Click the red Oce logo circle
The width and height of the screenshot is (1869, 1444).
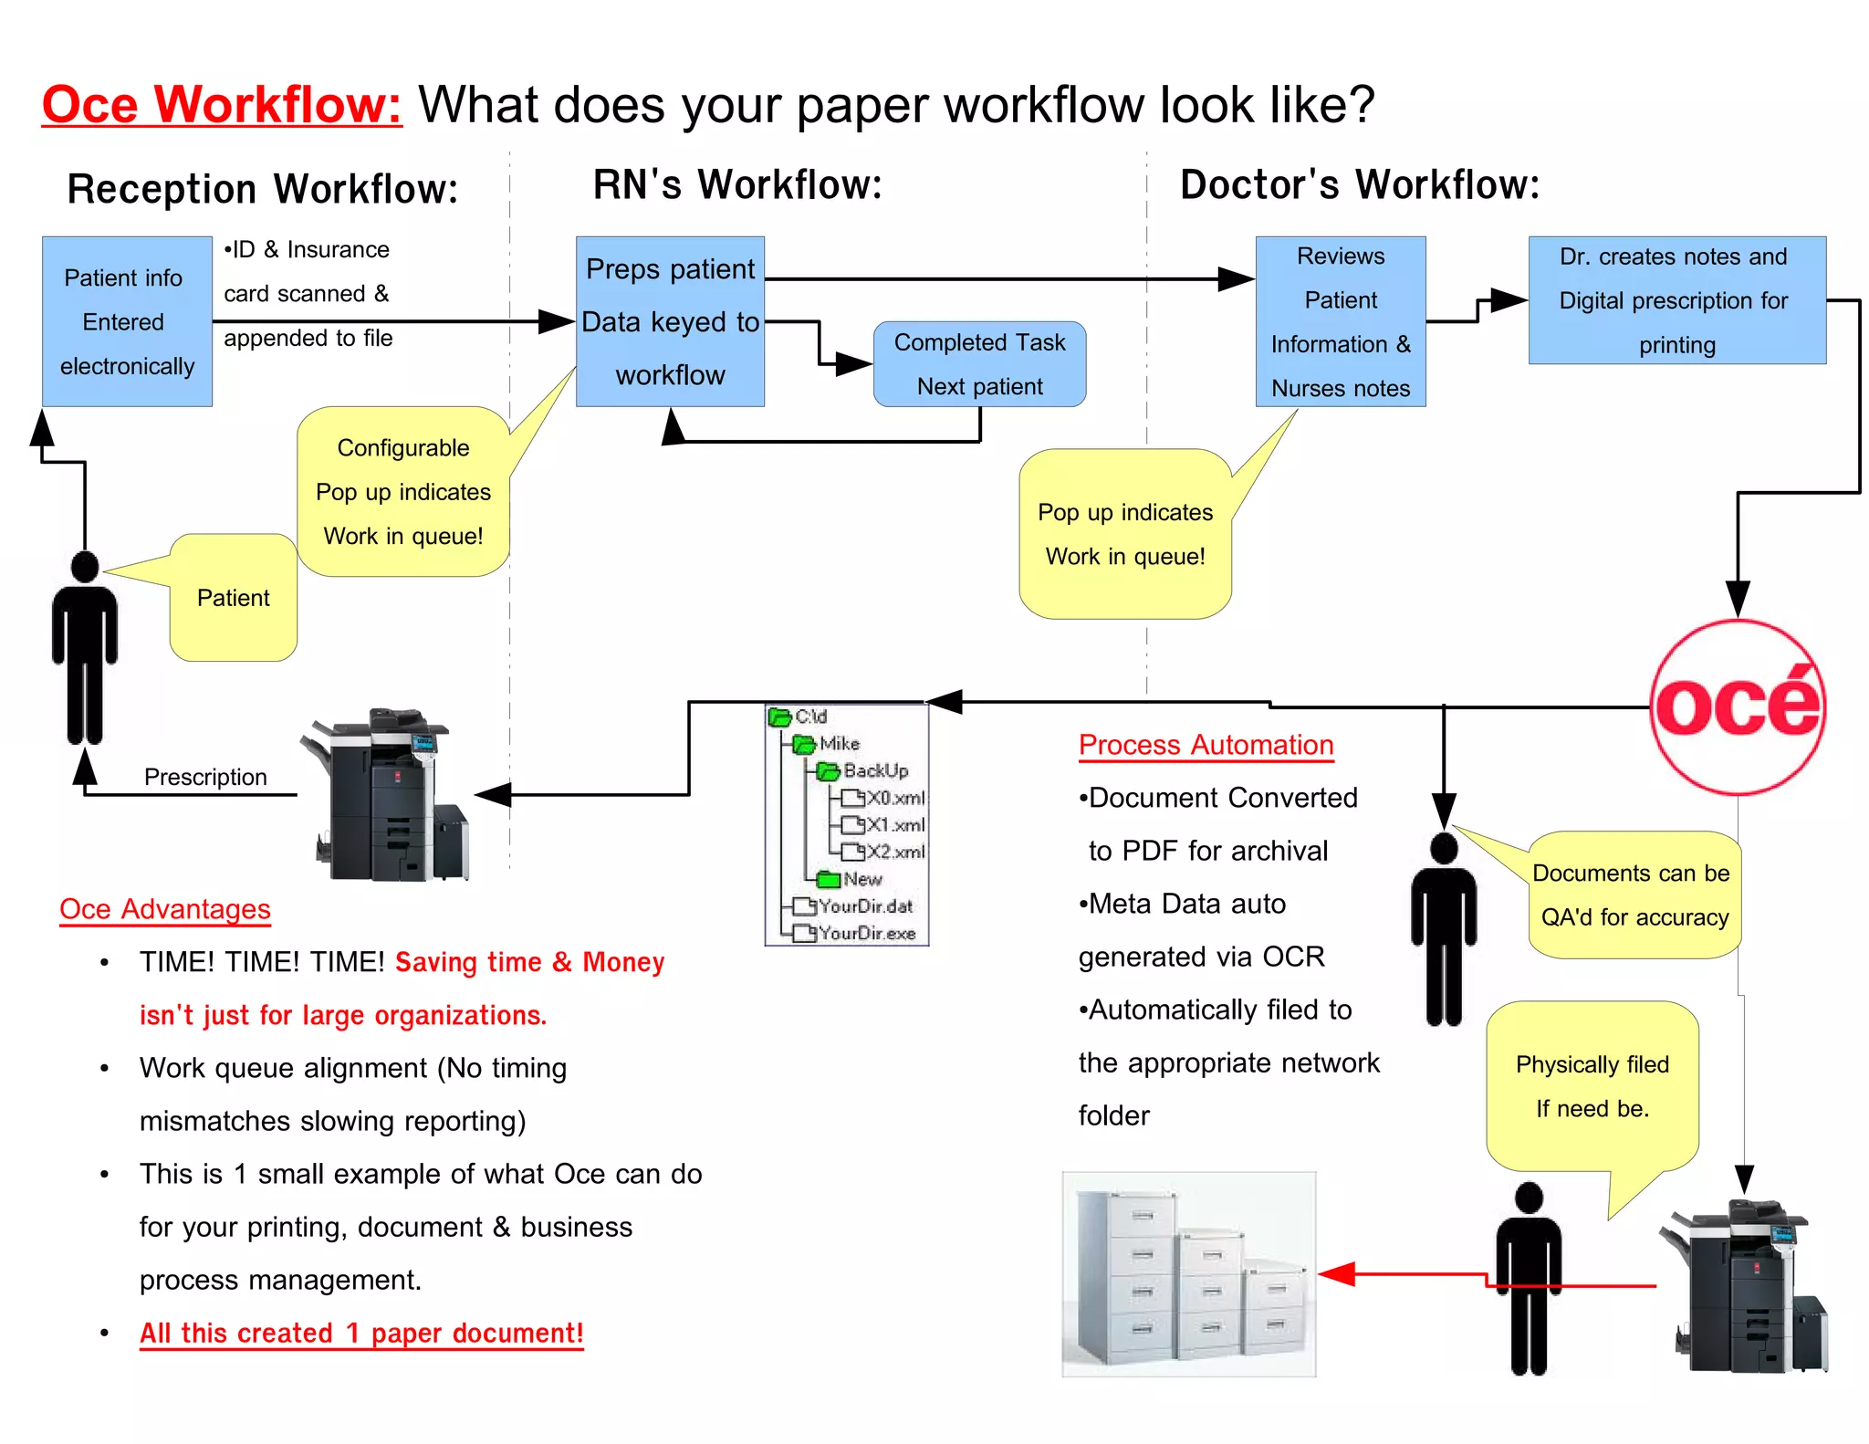pos(1738,706)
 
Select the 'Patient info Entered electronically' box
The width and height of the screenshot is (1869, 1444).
pos(127,321)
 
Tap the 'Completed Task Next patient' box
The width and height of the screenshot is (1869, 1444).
pos(979,364)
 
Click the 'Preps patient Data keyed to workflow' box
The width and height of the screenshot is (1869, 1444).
pos(670,321)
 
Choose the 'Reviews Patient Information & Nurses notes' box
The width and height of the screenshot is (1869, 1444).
pos(1340,321)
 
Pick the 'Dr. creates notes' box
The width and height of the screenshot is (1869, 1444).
pos(1676,300)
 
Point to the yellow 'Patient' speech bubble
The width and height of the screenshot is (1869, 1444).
pos(234,598)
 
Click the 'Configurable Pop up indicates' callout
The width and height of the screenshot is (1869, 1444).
pos(402,492)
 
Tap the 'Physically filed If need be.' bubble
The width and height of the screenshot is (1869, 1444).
pos(1592,1086)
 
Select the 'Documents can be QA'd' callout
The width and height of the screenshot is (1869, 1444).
pos(1634,895)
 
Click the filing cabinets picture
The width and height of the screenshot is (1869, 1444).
pos(1188,1274)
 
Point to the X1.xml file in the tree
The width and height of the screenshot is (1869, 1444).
pos(894,825)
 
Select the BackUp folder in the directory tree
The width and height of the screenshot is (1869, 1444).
pos(874,771)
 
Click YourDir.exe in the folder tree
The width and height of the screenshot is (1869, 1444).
pos(866,933)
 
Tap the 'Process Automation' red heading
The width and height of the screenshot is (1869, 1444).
pos(1206,745)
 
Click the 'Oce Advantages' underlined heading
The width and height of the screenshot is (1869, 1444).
pos(165,909)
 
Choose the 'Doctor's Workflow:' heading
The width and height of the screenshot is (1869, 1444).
pos(1359,184)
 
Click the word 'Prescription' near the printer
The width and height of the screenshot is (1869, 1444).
pos(205,777)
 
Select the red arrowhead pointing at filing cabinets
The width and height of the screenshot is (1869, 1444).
pos(1337,1273)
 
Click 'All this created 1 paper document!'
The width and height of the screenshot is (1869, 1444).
pos(361,1333)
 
